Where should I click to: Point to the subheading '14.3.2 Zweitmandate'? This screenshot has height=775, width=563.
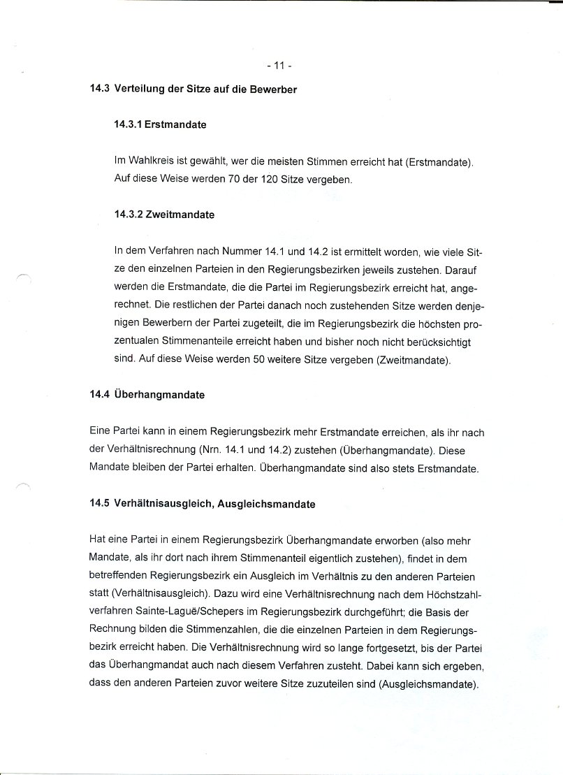point(163,215)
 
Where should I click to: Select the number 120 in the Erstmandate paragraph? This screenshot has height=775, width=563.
point(268,179)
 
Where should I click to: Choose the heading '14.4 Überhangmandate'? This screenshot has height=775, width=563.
point(147,395)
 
